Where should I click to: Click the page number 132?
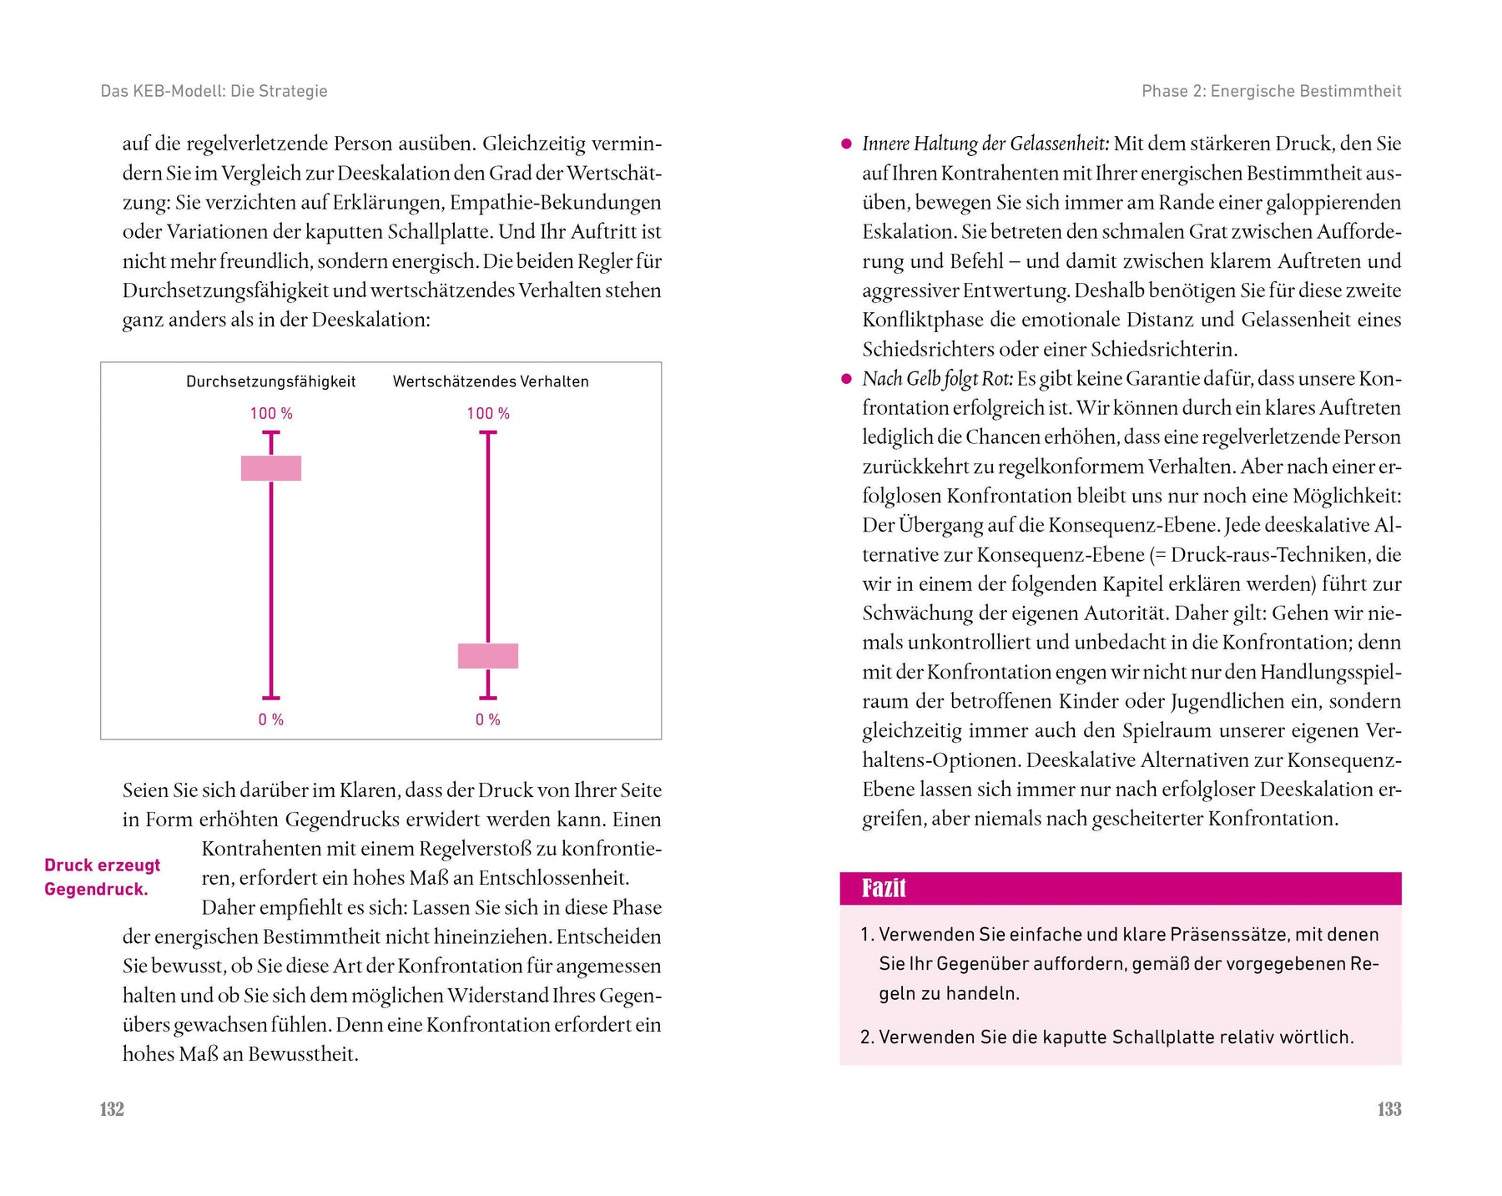coord(112,1109)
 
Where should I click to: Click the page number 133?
coord(1389,1109)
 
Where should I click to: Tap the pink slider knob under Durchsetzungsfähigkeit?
coord(271,468)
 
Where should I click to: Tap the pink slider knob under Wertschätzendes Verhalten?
coord(488,656)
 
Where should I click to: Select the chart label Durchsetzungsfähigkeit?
coord(270,381)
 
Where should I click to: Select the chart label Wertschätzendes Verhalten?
coord(491,381)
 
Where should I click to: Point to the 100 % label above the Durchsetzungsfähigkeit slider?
coord(271,413)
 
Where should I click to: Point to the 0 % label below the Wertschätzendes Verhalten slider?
coord(488,719)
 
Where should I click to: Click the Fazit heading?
coord(884,888)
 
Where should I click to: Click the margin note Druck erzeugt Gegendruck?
coord(102,877)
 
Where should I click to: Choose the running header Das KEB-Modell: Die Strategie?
coord(214,91)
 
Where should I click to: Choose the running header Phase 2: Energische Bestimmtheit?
coord(1271,91)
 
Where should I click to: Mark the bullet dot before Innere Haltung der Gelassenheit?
coord(846,144)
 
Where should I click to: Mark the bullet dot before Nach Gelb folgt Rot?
coord(846,379)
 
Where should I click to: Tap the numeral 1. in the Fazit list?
coord(866,935)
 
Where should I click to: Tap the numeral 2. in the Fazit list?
coord(866,1037)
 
